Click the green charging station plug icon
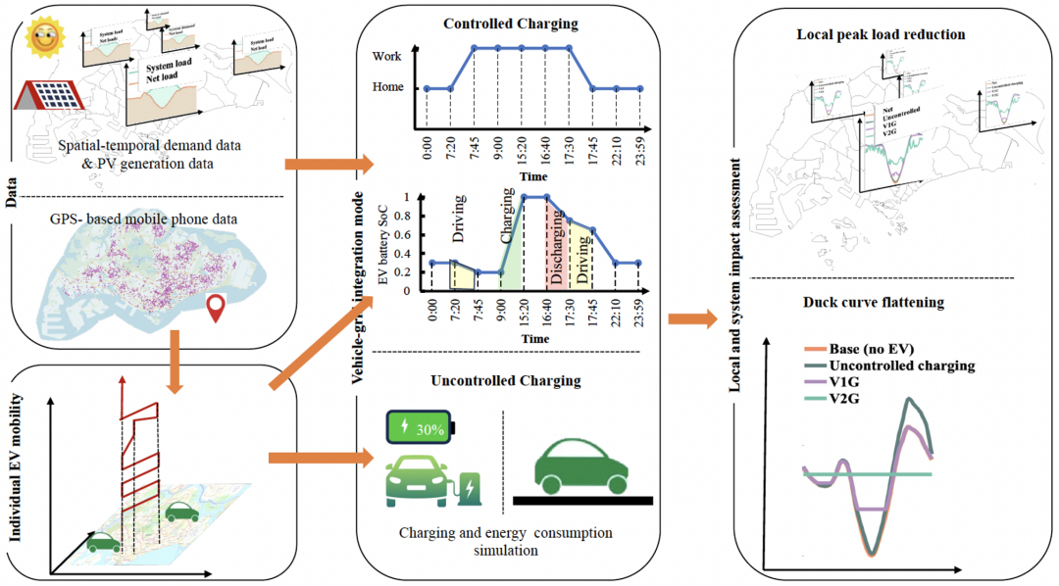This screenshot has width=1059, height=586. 468,487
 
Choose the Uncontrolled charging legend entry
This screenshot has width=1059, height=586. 888,366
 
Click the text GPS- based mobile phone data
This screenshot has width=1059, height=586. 150,214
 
